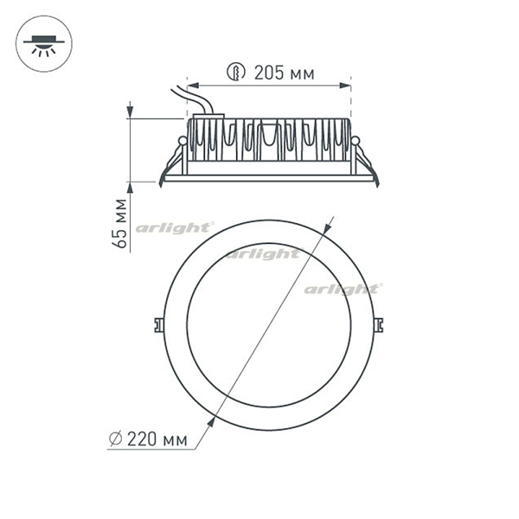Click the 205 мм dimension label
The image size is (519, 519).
coord(284,73)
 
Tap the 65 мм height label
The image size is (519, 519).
coord(119,223)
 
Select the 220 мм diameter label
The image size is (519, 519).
coord(157,439)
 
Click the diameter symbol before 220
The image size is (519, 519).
coord(116,439)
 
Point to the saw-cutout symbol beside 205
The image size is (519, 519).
coord(236,72)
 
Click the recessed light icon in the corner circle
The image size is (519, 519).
coord(44,45)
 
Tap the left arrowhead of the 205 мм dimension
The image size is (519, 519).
coord(193,86)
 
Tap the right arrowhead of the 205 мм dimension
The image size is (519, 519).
coord(345,86)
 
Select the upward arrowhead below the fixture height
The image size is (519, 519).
coord(130,188)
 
